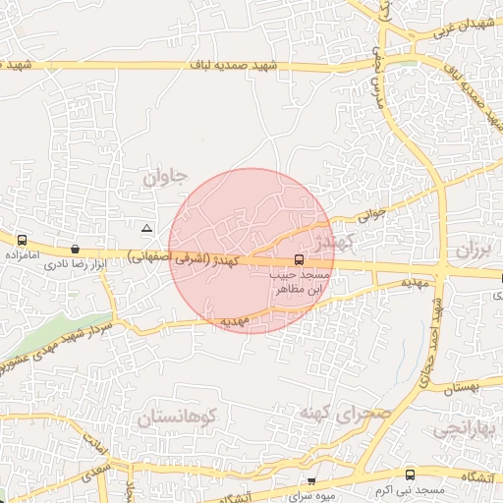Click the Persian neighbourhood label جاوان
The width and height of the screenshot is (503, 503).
pos(163,178)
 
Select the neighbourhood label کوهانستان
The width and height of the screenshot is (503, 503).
pos(188,419)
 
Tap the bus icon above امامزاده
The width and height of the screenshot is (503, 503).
pos(21,240)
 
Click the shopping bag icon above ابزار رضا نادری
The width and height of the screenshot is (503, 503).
pos(76,250)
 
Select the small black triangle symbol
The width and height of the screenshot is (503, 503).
pos(146,228)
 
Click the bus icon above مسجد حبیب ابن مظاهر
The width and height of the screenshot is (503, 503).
pos(299,260)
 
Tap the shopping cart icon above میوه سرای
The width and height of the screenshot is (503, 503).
pos(312,481)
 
